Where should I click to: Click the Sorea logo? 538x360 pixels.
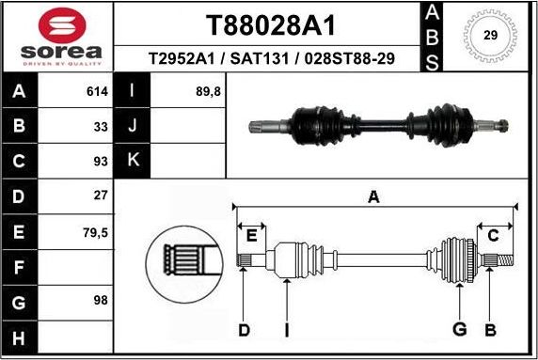coord(56,38)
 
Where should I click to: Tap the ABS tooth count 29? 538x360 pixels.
coord(490,35)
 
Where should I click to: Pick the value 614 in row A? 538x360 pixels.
coord(97,92)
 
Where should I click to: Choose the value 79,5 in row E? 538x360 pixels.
coord(96,230)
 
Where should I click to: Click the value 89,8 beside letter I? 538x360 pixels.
coord(206,92)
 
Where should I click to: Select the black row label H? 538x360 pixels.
coord(20,336)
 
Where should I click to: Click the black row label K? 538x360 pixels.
coord(133,161)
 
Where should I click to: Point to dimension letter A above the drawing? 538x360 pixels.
coord(373,196)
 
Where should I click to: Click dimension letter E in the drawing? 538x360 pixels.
coord(251,236)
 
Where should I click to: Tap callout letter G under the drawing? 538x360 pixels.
coord(460,330)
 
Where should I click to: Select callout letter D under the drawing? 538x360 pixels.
coord(244,330)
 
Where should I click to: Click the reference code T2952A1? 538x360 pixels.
coord(182,59)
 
